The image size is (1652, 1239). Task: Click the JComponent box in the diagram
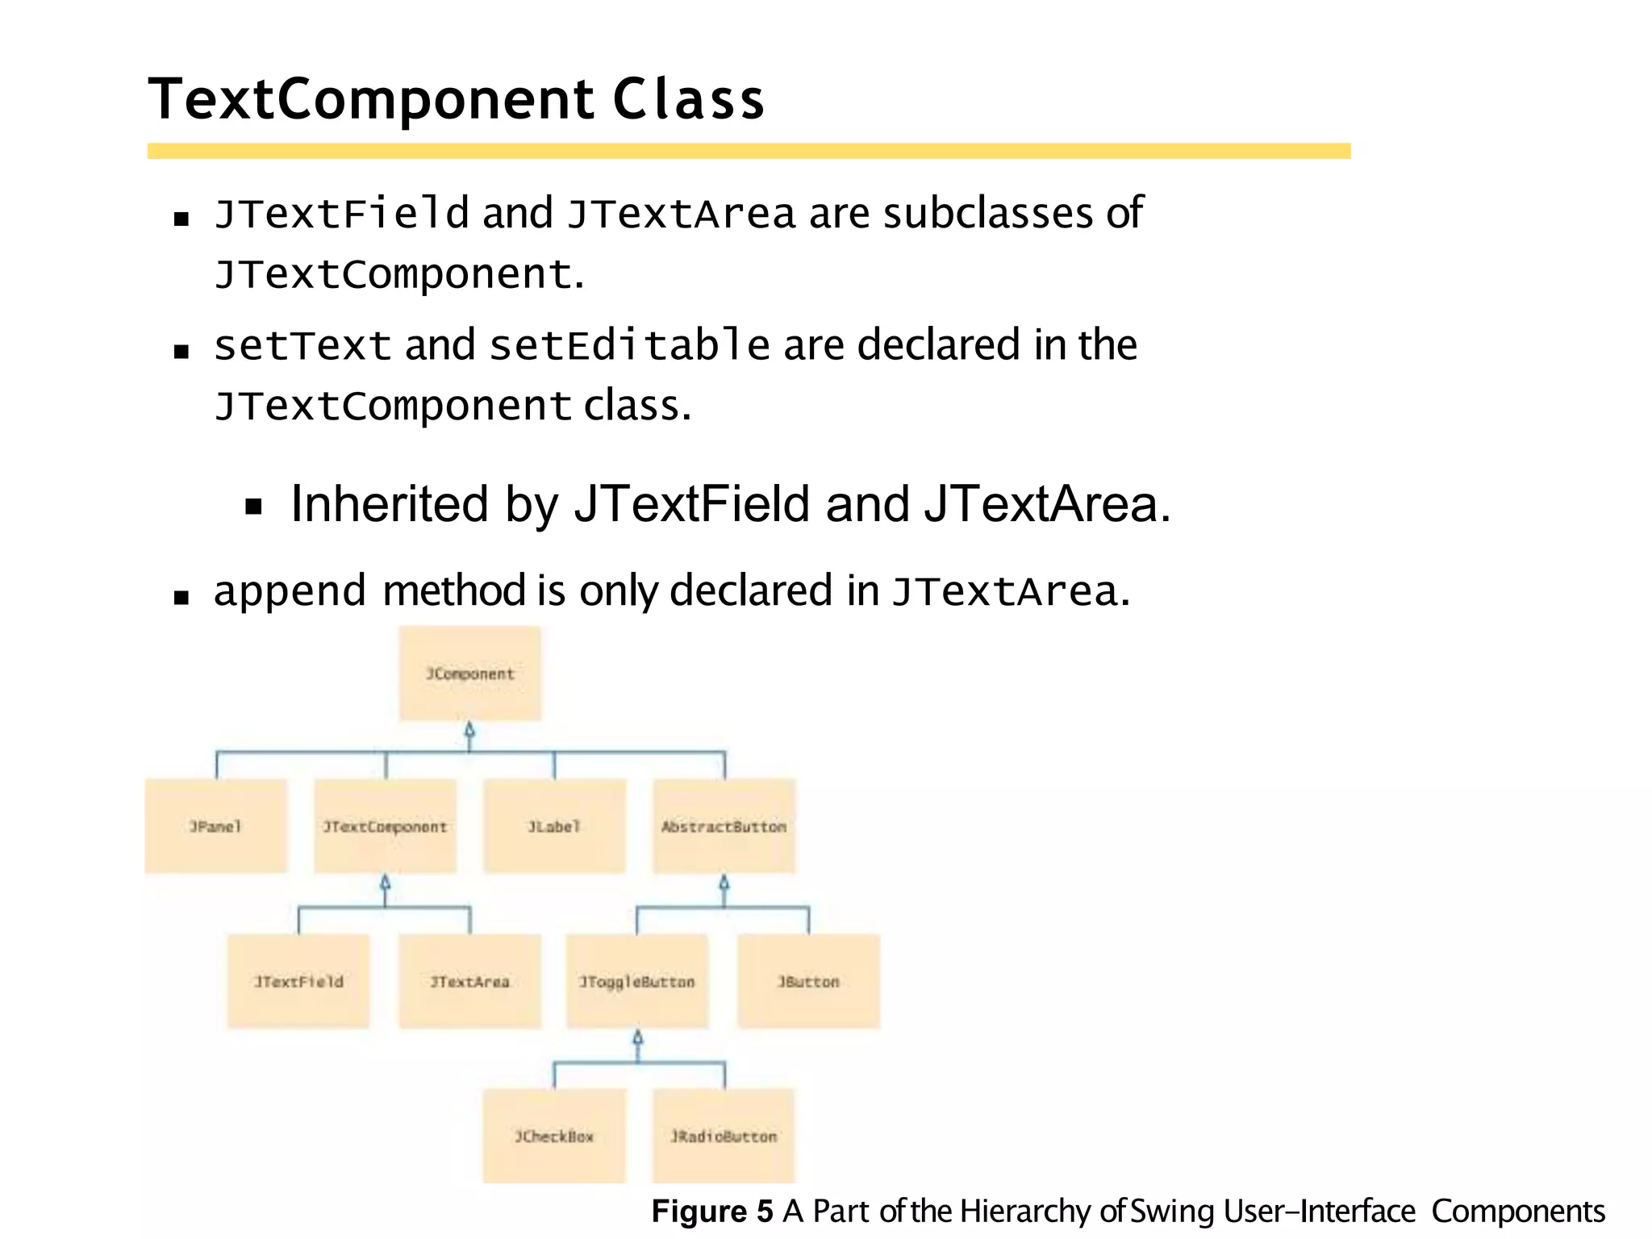pos(469,674)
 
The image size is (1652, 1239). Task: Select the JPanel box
pos(215,826)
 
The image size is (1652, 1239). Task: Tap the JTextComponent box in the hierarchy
pos(385,826)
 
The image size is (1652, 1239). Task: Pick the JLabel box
pos(554,826)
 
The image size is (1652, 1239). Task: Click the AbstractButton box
pos(724,826)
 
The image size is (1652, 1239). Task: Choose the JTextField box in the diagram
pos(298,981)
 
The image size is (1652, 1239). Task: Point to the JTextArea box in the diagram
pos(469,981)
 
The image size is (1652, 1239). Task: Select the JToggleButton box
pos(636,981)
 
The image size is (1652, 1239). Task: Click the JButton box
pos(808,981)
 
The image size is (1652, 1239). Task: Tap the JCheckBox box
pos(554,1136)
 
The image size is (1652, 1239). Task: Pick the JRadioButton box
pos(724,1136)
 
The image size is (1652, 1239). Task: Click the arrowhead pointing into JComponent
pos(469,731)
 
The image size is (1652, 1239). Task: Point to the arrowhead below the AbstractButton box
pos(724,883)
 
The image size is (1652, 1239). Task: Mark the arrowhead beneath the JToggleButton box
pos(637,1038)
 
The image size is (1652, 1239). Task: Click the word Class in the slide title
pos(688,100)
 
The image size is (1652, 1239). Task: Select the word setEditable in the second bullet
pos(629,346)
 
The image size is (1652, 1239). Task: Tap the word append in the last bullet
pos(290,591)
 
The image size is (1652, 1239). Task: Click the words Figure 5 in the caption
pos(711,1212)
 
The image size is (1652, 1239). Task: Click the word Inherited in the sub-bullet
pos(390,504)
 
